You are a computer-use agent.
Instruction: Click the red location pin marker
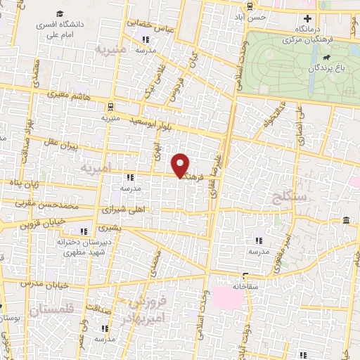(181, 165)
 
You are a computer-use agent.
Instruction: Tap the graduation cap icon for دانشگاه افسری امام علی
(60, 14)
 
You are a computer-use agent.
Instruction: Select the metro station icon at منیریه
(110, 107)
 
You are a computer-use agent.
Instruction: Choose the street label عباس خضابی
(149, 26)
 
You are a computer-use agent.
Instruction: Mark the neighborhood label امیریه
(96, 170)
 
